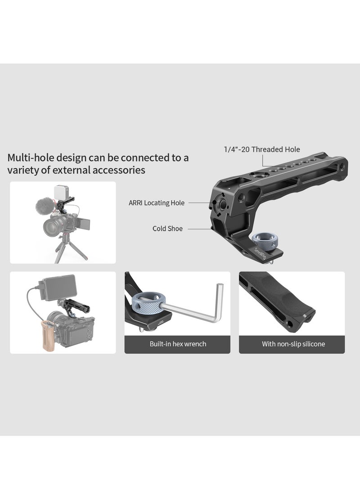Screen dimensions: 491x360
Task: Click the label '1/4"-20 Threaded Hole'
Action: click(261, 149)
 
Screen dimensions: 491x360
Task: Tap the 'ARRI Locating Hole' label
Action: click(156, 203)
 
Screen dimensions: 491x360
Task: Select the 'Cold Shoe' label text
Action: click(167, 229)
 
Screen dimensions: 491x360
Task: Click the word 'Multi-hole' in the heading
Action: click(28, 158)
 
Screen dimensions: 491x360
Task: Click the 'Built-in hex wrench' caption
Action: click(177, 344)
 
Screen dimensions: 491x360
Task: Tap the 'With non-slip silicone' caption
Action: click(293, 344)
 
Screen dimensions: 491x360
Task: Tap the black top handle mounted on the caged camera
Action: click(76, 307)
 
